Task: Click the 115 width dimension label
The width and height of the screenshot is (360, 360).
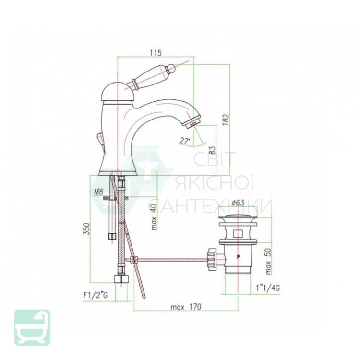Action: click(x=156, y=53)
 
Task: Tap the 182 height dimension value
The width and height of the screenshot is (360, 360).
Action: click(x=226, y=120)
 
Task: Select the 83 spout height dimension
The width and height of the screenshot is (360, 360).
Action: click(x=212, y=151)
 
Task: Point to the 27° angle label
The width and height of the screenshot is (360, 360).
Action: click(x=185, y=141)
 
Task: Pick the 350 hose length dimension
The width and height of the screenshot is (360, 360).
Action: click(x=86, y=228)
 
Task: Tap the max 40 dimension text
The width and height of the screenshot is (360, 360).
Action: click(x=154, y=217)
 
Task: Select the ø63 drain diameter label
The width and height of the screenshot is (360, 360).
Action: click(x=238, y=203)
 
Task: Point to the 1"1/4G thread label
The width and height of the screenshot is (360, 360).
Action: click(x=268, y=288)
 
